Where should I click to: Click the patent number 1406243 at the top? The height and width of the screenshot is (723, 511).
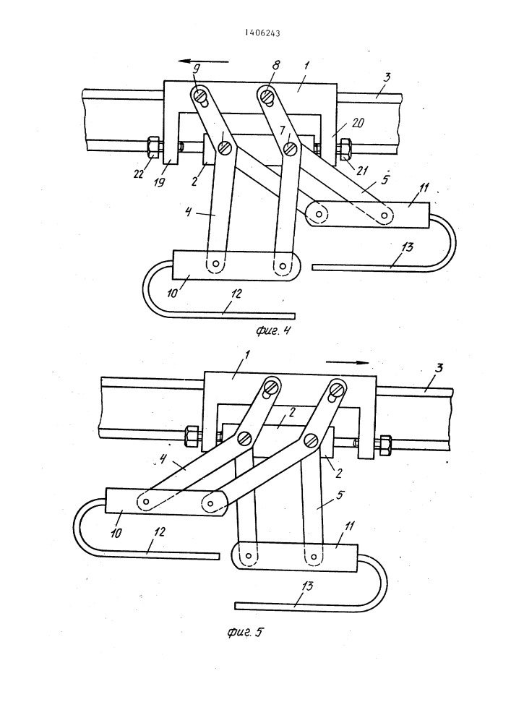pyautogui.click(x=262, y=33)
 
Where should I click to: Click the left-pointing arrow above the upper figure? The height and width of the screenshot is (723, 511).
pyautogui.click(x=204, y=61)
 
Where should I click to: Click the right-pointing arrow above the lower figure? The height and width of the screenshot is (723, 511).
pyautogui.click(x=348, y=362)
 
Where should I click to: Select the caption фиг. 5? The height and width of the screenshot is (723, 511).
pyautogui.click(x=245, y=631)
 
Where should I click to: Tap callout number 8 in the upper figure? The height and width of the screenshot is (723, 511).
pyautogui.click(x=275, y=64)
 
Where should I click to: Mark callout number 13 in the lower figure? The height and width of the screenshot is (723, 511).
pyautogui.click(x=307, y=586)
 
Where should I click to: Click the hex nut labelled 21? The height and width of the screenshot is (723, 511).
pyautogui.click(x=345, y=148)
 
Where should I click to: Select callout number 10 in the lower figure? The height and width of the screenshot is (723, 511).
pyautogui.click(x=116, y=533)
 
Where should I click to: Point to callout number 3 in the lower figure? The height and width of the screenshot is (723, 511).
pyautogui.click(x=439, y=368)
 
